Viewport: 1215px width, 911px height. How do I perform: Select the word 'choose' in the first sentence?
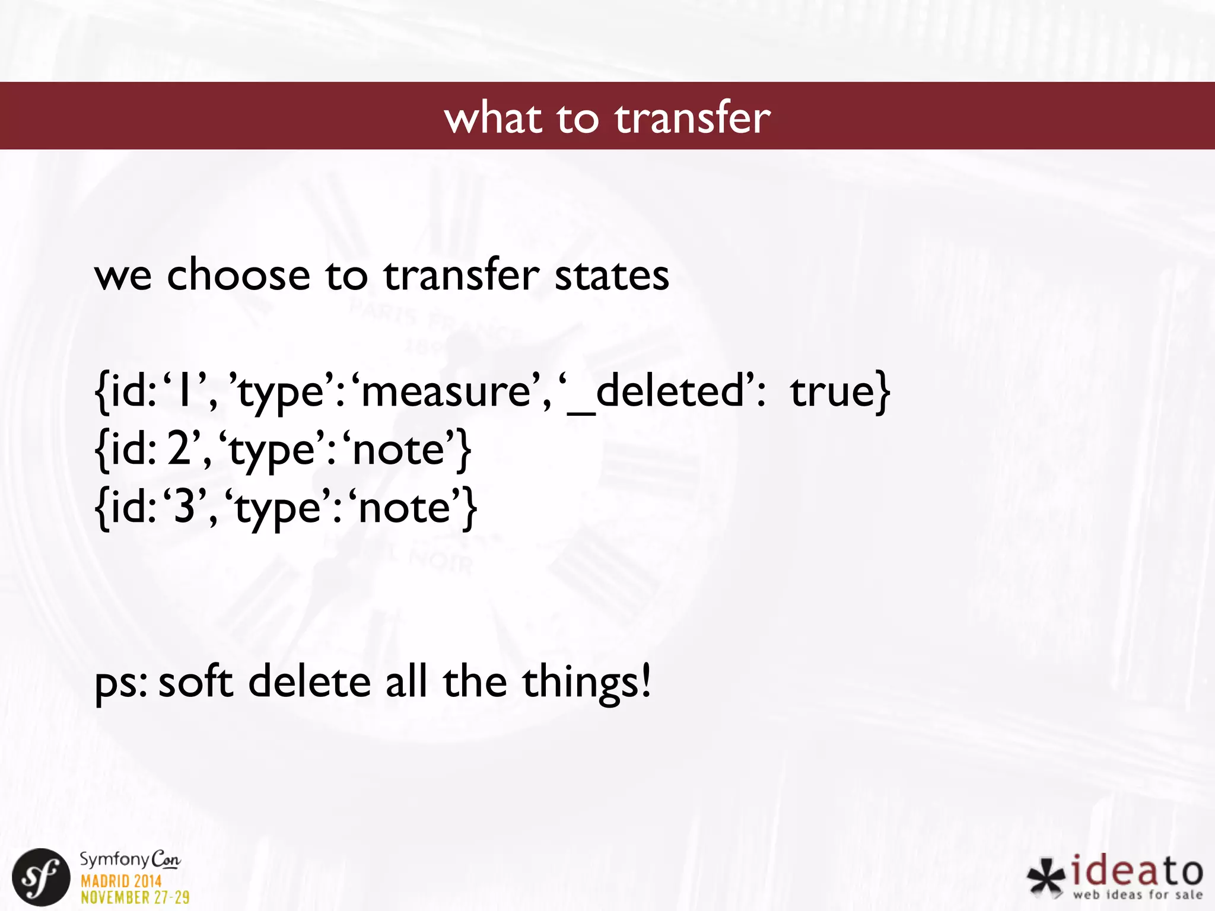click(238, 275)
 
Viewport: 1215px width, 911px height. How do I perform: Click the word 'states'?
click(612, 275)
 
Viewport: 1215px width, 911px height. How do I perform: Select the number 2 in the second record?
click(178, 449)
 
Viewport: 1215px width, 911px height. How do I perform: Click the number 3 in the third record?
click(184, 507)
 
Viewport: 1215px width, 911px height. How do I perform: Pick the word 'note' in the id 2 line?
click(399, 449)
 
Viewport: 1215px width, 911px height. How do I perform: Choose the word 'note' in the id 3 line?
click(405, 507)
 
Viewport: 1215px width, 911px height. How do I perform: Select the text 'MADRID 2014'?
click(121, 881)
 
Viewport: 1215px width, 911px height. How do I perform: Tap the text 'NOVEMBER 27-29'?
click(135, 897)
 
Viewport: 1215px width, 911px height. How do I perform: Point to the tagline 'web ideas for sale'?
click(1137, 894)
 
